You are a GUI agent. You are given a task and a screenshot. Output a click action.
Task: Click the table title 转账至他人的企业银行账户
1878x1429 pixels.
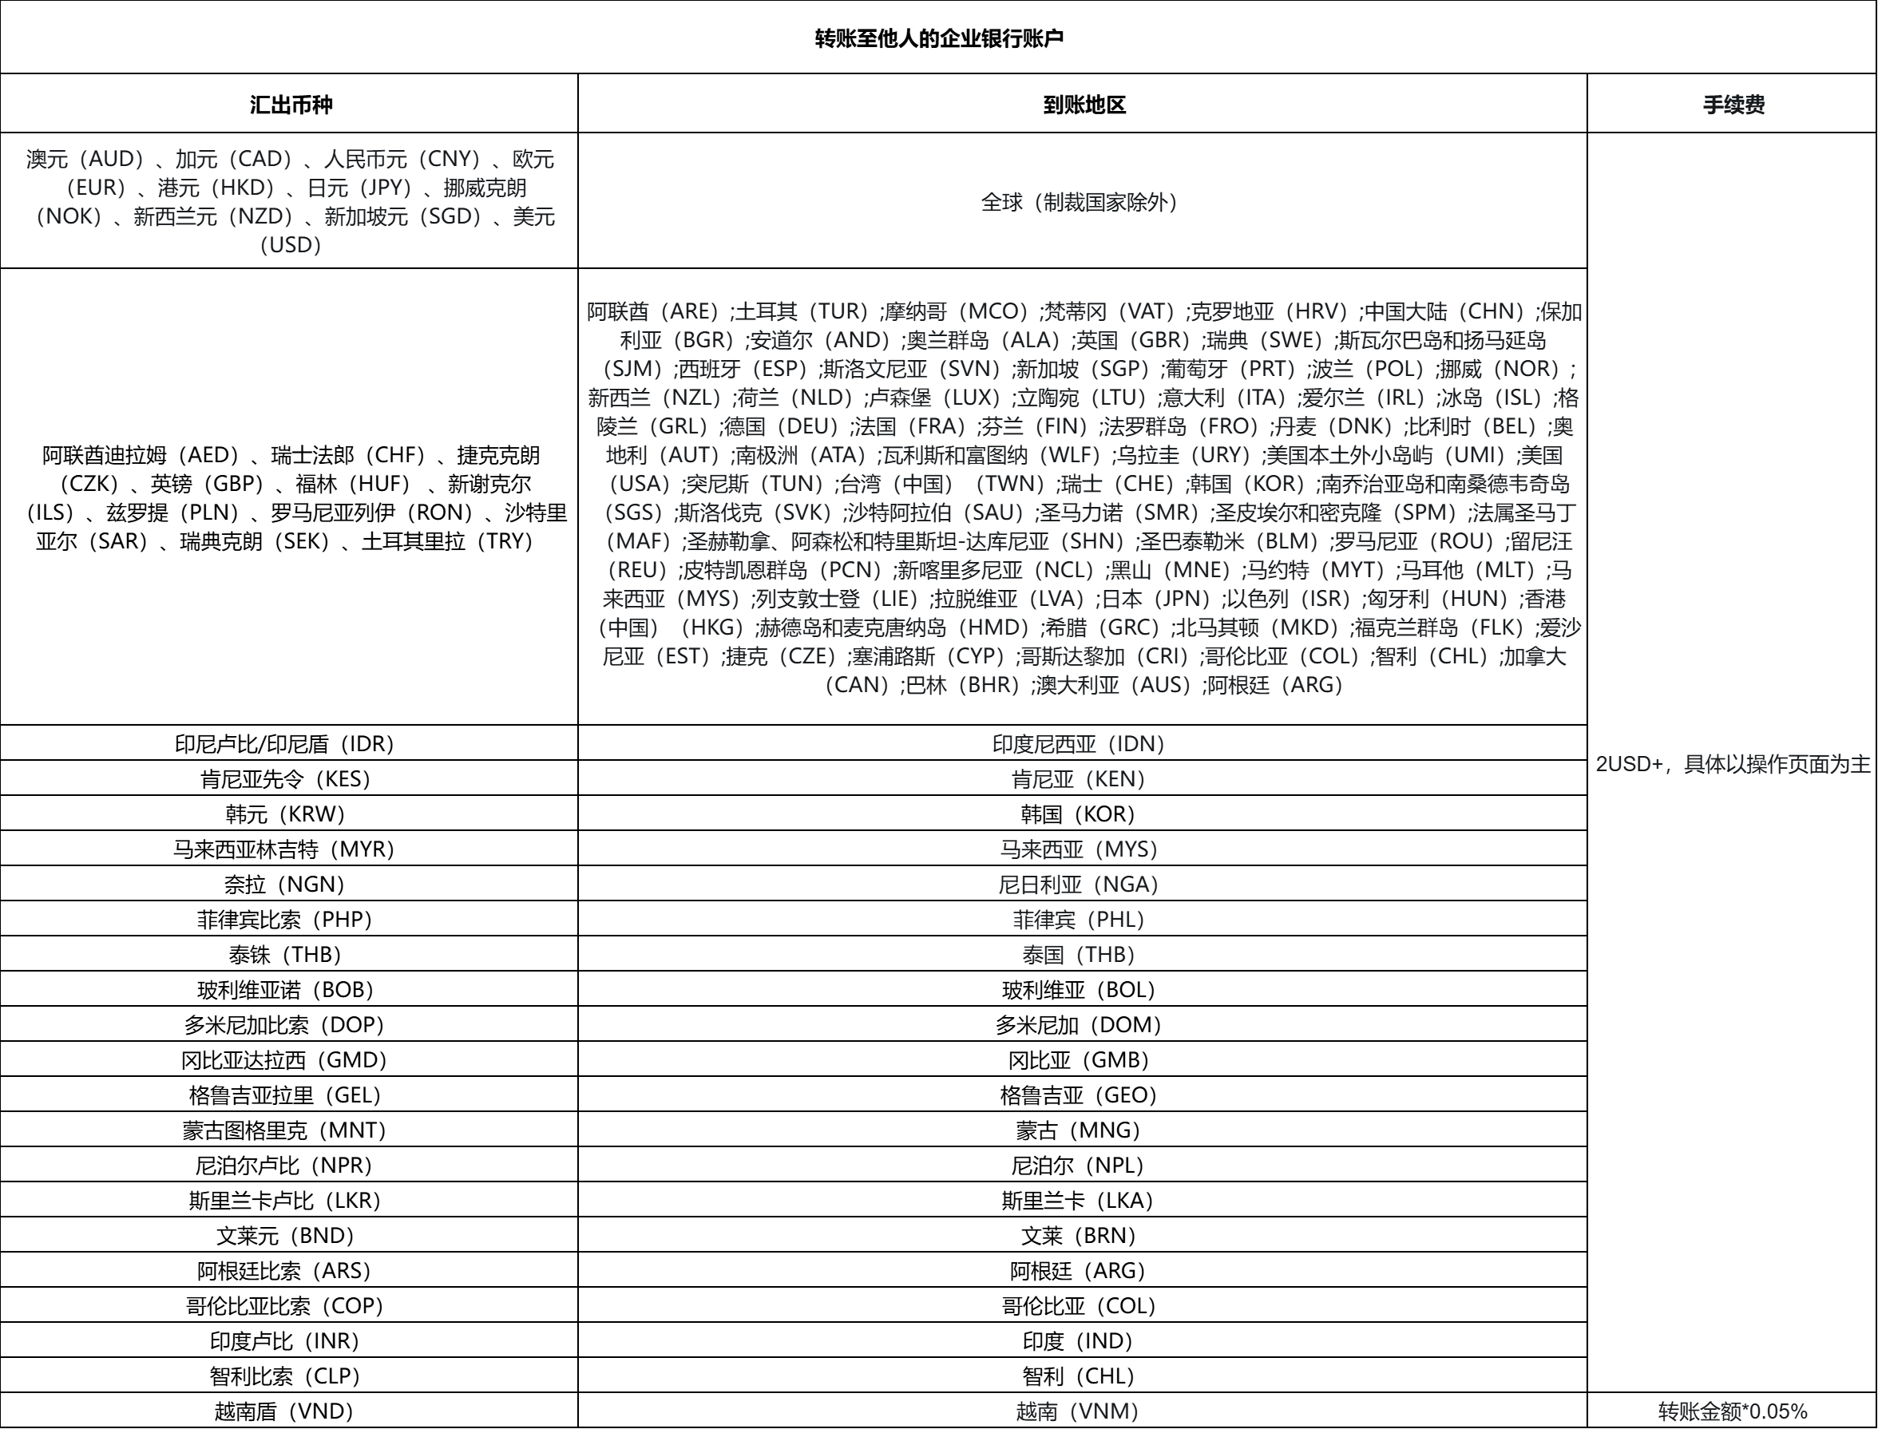pyautogui.click(x=938, y=38)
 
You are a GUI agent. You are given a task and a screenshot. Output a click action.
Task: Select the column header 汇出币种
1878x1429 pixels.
pyautogui.click(x=290, y=105)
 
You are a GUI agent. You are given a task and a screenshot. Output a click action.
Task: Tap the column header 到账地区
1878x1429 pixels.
pyautogui.click(x=1083, y=105)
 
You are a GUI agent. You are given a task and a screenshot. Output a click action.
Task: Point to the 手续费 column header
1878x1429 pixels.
pyautogui.click(x=1733, y=105)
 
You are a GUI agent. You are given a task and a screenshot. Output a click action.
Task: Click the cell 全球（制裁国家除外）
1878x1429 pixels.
pyautogui.click(x=1082, y=203)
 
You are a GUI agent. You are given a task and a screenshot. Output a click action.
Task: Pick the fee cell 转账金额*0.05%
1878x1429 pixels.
pyautogui.click(x=1733, y=1412)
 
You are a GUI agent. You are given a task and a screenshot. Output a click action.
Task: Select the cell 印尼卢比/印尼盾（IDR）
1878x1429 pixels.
pyautogui.click(x=285, y=744)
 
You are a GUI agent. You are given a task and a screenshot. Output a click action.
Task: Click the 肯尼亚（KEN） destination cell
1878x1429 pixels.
pyautogui.click(x=1079, y=779)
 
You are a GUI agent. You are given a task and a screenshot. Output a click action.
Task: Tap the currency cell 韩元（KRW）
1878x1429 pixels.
pyautogui.click(x=285, y=814)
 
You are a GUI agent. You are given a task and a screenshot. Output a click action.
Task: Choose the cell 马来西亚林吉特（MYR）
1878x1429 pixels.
pyautogui.click(x=285, y=849)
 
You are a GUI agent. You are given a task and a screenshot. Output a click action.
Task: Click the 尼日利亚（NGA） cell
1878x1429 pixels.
pyautogui.click(x=1079, y=885)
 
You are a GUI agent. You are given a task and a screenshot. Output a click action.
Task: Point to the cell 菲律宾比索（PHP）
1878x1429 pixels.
pyautogui.click(x=285, y=920)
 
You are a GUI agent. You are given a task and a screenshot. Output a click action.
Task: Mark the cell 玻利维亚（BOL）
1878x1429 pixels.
pyautogui.click(x=1079, y=990)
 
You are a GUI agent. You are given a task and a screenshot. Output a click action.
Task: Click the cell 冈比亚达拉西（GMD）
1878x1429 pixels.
pyautogui.click(x=285, y=1060)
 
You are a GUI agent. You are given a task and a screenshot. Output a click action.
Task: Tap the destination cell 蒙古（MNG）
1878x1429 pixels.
pyautogui.click(x=1079, y=1130)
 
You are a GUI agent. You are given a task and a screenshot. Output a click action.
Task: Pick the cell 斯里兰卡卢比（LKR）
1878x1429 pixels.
pyautogui.click(x=285, y=1200)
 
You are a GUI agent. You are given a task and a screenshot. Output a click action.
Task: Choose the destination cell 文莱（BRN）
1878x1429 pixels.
pyautogui.click(x=1079, y=1235)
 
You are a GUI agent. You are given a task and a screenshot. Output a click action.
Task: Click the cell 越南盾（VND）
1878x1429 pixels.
pyautogui.click(x=285, y=1412)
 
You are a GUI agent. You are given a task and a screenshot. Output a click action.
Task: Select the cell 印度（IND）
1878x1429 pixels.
pyautogui.click(x=1079, y=1341)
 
